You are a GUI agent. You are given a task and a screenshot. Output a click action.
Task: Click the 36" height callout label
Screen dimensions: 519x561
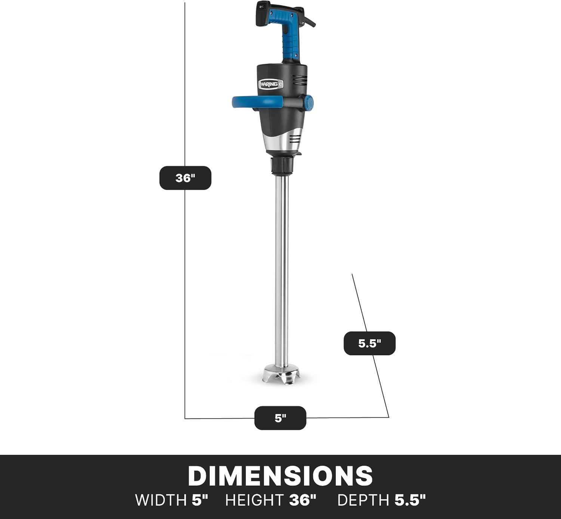[x=185, y=178]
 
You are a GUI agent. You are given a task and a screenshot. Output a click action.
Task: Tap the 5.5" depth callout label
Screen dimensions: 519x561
[x=369, y=343]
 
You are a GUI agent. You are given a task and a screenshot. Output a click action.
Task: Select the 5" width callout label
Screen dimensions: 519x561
[x=280, y=418]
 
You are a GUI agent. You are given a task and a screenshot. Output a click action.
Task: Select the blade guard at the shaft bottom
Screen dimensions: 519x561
[x=282, y=375]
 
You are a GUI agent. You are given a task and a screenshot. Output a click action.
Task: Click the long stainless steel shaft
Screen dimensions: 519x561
[x=282, y=269]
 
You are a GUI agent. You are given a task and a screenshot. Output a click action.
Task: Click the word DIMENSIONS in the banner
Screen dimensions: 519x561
[x=280, y=476]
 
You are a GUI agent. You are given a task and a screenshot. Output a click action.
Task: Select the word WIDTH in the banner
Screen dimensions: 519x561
[x=160, y=500]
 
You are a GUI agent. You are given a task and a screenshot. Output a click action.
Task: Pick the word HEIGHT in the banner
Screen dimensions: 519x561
[x=254, y=500]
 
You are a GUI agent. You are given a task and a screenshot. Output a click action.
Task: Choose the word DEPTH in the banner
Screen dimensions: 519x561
[x=363, y=500]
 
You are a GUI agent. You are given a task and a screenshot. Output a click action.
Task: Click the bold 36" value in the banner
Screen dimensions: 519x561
[x=303, y=500]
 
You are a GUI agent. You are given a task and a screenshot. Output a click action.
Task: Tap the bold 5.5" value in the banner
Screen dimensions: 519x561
[x=410, y=500]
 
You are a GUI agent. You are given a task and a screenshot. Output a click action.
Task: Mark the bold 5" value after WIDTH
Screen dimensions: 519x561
[x=200, y=500]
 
